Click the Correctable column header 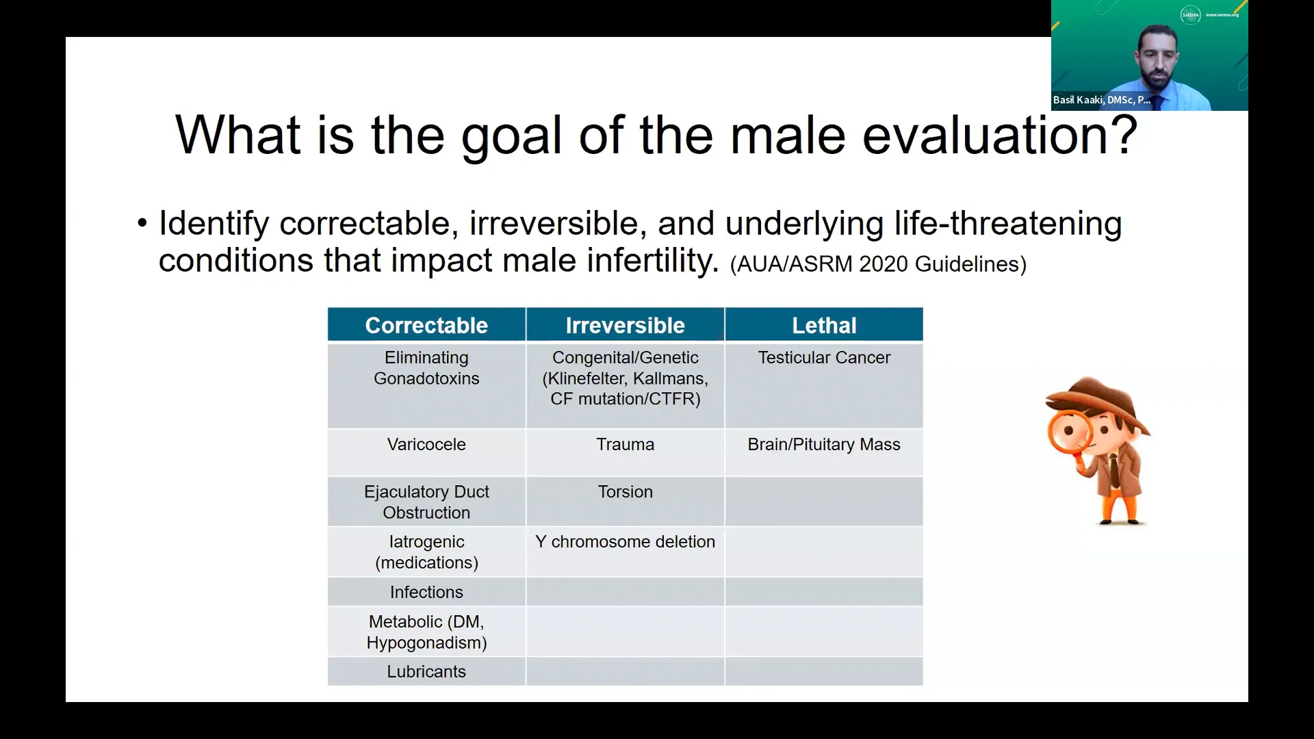click(426, 325)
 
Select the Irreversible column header click(625, 325)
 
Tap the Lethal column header click(824, 325)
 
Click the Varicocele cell click(426, 445)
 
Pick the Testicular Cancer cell click(824, 358)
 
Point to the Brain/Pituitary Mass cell click(824, 445)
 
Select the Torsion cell click(625, 492)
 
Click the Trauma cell click(625, 445)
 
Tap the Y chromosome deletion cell click(625, 542)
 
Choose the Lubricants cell click(426, 672)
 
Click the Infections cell click(426, 593)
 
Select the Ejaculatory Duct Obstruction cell click(426, 502)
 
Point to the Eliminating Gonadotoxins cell click(426, 368)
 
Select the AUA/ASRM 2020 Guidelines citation click(878, 264)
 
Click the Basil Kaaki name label click(1101, 100)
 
